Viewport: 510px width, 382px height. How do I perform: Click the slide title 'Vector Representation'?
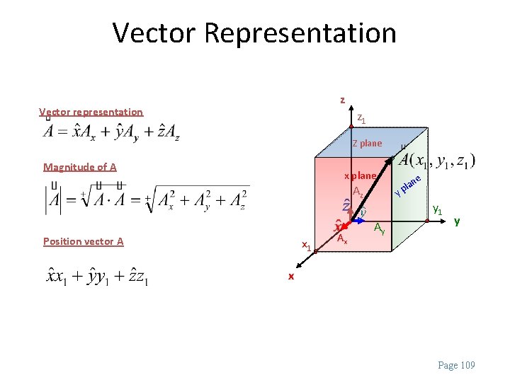[254, 33]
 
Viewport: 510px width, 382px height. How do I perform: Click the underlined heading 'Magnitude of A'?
[80, 167]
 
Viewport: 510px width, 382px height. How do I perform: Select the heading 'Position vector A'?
[84, 241]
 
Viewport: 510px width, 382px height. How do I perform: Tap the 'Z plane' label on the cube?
[367, 144]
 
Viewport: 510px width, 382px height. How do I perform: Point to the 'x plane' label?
[360, 175]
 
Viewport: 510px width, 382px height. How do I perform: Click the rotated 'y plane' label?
[409, 184]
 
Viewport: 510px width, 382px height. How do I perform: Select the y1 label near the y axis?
[438, 210]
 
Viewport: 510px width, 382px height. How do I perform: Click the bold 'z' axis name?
[342, 100]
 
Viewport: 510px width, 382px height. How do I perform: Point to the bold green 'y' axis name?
[457, 221]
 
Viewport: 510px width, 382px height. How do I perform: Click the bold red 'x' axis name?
[290, 276]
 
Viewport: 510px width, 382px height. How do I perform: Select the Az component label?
[358, 192]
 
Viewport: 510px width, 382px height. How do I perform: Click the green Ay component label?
[380, 228]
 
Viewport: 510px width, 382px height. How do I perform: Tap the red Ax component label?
[341, 239]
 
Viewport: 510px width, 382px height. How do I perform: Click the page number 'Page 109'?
[457, 365]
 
